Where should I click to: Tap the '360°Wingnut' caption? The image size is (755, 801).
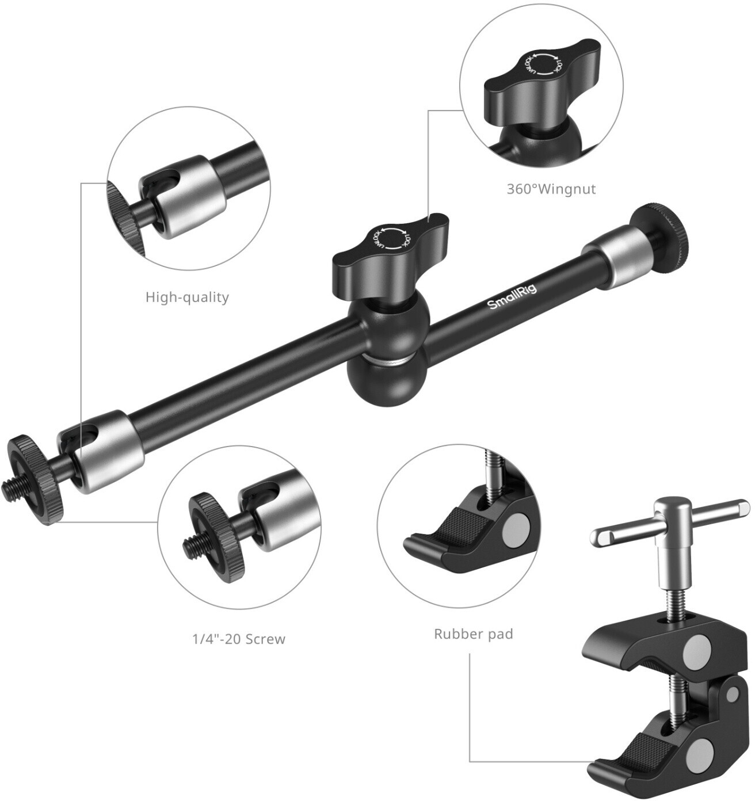551,189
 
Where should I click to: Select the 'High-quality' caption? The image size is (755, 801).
187,297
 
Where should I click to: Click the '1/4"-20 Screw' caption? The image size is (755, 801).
239,639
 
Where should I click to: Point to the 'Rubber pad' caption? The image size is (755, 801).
474,634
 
